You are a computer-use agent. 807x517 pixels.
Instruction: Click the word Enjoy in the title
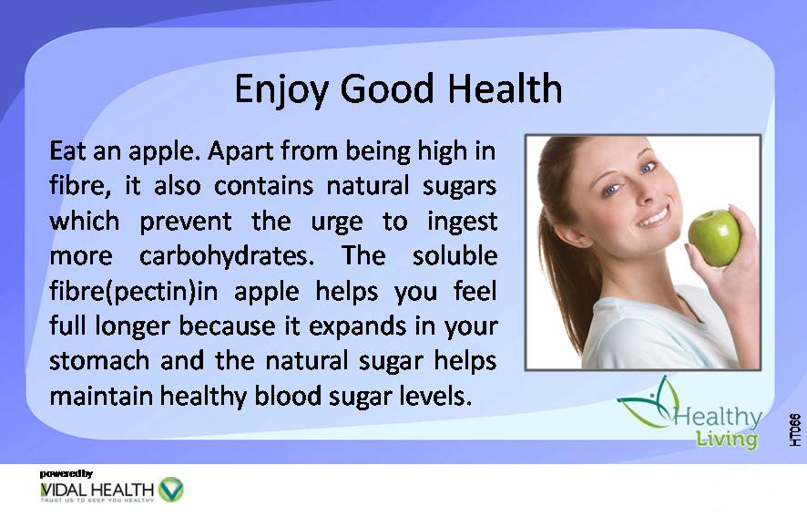(281, 90)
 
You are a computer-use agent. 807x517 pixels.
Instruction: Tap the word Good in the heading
(387, 88)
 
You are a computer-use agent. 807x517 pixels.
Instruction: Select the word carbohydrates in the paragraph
(227, 256)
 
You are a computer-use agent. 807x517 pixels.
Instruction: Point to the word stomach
(99, 360)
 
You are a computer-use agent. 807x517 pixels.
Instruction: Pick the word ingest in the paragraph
(462, 222)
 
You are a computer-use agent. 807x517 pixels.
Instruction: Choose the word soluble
(455, 255)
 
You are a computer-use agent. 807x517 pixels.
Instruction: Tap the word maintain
(101, 396)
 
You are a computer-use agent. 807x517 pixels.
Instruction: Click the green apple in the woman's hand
(714, 238)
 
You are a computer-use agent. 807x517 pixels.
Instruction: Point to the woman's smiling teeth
(654, 217)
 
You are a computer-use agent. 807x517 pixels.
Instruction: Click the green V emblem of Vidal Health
(171, 490)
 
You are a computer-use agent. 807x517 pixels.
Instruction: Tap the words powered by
(66, 473)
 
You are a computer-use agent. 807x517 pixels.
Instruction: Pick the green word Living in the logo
(727, 439)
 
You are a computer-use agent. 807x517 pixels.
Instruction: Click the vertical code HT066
(795, 429)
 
